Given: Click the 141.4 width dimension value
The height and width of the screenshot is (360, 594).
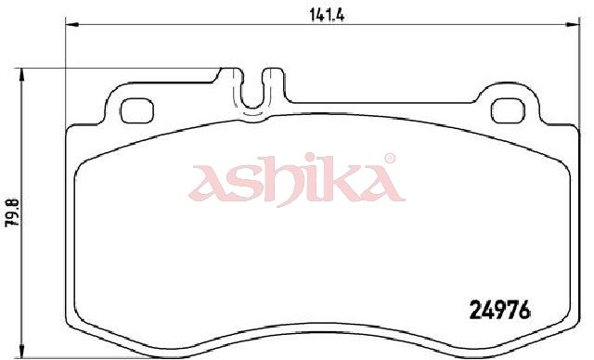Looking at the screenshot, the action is point(327,15).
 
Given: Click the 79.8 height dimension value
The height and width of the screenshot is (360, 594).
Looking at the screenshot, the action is point(12,214).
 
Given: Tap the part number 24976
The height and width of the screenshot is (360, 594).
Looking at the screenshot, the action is point(499,310).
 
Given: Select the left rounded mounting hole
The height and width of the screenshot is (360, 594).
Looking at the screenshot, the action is point(136,110).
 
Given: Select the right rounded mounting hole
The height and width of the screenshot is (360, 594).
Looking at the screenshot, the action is point(508,110).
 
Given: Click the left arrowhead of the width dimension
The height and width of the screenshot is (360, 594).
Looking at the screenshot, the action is point(72,25).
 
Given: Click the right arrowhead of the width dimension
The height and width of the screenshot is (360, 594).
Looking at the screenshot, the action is point(573,25).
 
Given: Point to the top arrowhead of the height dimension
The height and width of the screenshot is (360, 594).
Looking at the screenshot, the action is point(21,74).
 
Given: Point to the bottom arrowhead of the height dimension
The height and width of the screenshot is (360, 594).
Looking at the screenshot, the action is point(21,351).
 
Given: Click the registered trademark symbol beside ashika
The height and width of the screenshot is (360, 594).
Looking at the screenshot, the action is point(390,158).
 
